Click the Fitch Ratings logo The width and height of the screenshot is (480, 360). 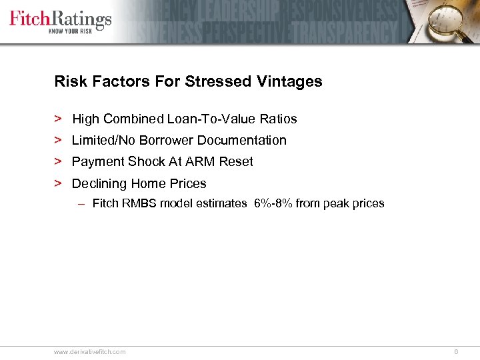pyautogui.click(x=60, y=18)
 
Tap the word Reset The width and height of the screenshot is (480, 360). pyautogui.click(x=235, y=162)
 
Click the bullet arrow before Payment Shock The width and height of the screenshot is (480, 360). pyautogui.click(x=59, y=162)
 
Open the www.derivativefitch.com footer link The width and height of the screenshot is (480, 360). pyautogui.click(x=89, y=351)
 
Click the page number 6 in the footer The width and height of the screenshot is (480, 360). pyautogui.click(x=456, y=351)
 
